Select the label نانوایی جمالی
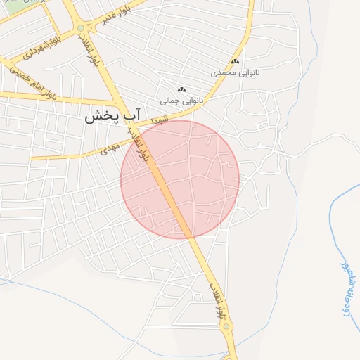pyautogui.click(x=182, y=101)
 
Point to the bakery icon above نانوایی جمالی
pyautogui.click(x=182, y=89)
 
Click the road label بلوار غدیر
pyautogui.click(x=115, y=18)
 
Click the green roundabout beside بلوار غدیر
pyautogui.click(x=82, y=28)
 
